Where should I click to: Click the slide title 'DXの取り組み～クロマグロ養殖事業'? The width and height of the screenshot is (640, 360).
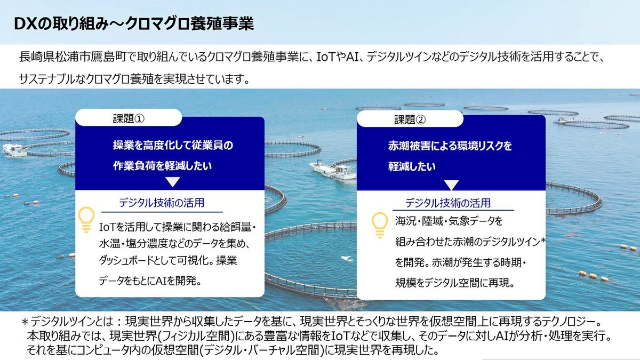click(134, 23)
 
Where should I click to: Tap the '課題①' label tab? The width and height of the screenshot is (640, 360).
click(129, 117)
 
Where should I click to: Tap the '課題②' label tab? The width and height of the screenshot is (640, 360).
click(410, 119)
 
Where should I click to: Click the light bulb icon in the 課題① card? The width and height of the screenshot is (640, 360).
click(86, 219)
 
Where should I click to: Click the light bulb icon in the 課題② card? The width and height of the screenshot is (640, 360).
click(380, 225)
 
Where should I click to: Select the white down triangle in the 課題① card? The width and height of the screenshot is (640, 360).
click(173, 182)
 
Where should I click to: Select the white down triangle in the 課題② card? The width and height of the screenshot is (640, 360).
click(451, 185)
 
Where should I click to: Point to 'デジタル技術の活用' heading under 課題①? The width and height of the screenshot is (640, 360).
click(162, 203)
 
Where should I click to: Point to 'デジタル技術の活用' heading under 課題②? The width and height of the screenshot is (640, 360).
click(447, 203)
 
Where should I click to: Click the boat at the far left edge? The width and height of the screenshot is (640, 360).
click(14, 150)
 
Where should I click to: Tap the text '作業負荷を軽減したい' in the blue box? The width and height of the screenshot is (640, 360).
click(162, 166)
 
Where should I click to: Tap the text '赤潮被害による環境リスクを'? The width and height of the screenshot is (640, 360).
click(450, 146)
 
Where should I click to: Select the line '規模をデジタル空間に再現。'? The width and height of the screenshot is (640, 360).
click(455, 283)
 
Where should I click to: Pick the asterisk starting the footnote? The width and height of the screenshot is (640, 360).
click(25, 322)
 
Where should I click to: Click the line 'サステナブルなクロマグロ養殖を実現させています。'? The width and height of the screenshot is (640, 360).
click(134, 79)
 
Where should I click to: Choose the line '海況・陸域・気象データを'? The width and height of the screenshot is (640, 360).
click(449, 221)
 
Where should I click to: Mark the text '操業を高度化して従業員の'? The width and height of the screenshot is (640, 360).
click(173, 145)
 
